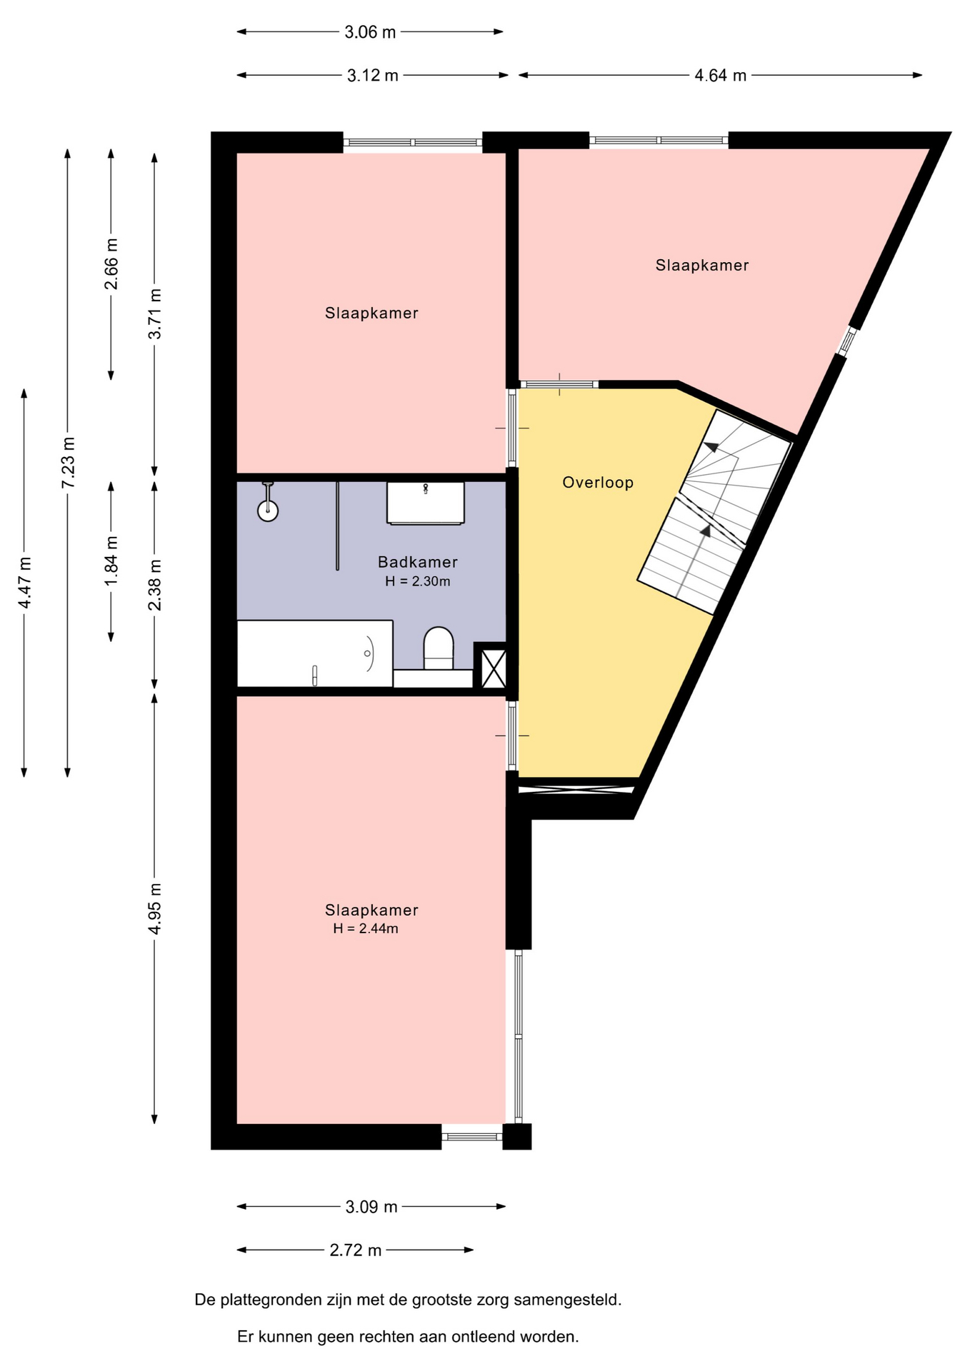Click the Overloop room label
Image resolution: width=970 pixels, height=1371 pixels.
[x=598, y=483]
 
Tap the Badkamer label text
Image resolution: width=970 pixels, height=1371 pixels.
[x=418, y=562]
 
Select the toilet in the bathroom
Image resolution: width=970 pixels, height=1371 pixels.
[x=439, y=648]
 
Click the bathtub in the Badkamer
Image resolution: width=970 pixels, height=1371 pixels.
[x=315, y=654]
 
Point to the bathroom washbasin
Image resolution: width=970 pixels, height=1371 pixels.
[x=426, y=503]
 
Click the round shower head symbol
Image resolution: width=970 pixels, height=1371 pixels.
[x=268, y=511]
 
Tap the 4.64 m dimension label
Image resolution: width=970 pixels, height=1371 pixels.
[x=721, y=76]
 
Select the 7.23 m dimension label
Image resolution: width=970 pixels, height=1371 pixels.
[x=68, y=463]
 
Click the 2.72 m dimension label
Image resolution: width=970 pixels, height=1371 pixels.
[x=356, y=1250]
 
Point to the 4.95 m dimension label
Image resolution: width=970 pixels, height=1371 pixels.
[x=155, y=908]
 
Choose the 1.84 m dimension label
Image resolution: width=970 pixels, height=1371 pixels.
[x=111, y=561]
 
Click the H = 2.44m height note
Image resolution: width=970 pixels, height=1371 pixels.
[x=366, y=929]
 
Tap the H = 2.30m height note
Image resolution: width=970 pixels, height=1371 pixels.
[x=418, y=581]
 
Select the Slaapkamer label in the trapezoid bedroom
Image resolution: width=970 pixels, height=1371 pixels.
[x=702, y=266]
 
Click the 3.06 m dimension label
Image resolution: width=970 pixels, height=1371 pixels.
[x=370, y=32]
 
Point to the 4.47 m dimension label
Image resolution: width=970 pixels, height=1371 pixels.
[x=24, y=583]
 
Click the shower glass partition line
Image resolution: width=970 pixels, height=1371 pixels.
[x=338, y=526]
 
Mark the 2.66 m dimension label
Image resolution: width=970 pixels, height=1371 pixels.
[x=111, y=264]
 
